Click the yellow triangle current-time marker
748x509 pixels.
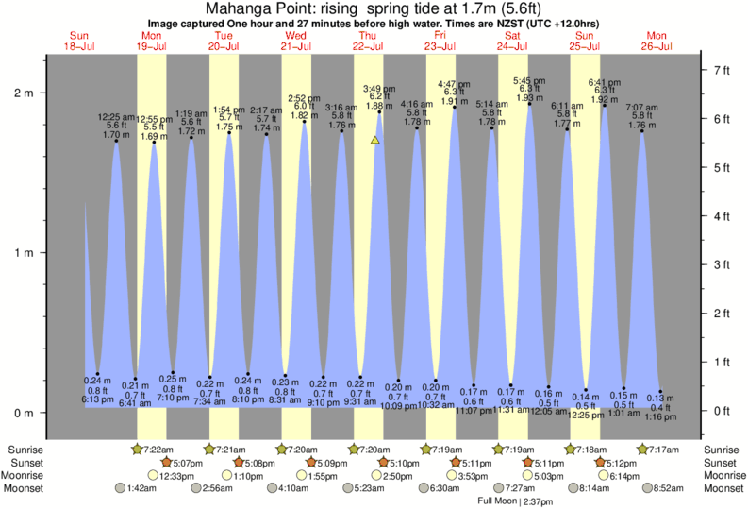[375, 140]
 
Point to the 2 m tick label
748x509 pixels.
[23, 93]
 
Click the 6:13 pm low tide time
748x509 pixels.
[97, 400]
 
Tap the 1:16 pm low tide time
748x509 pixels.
[661, 416]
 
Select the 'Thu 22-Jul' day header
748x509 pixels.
[368, 41]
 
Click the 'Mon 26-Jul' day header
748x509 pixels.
[657, 41]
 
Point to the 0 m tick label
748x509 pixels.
[23, 413]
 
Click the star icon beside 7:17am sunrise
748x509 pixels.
[643, 449]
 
